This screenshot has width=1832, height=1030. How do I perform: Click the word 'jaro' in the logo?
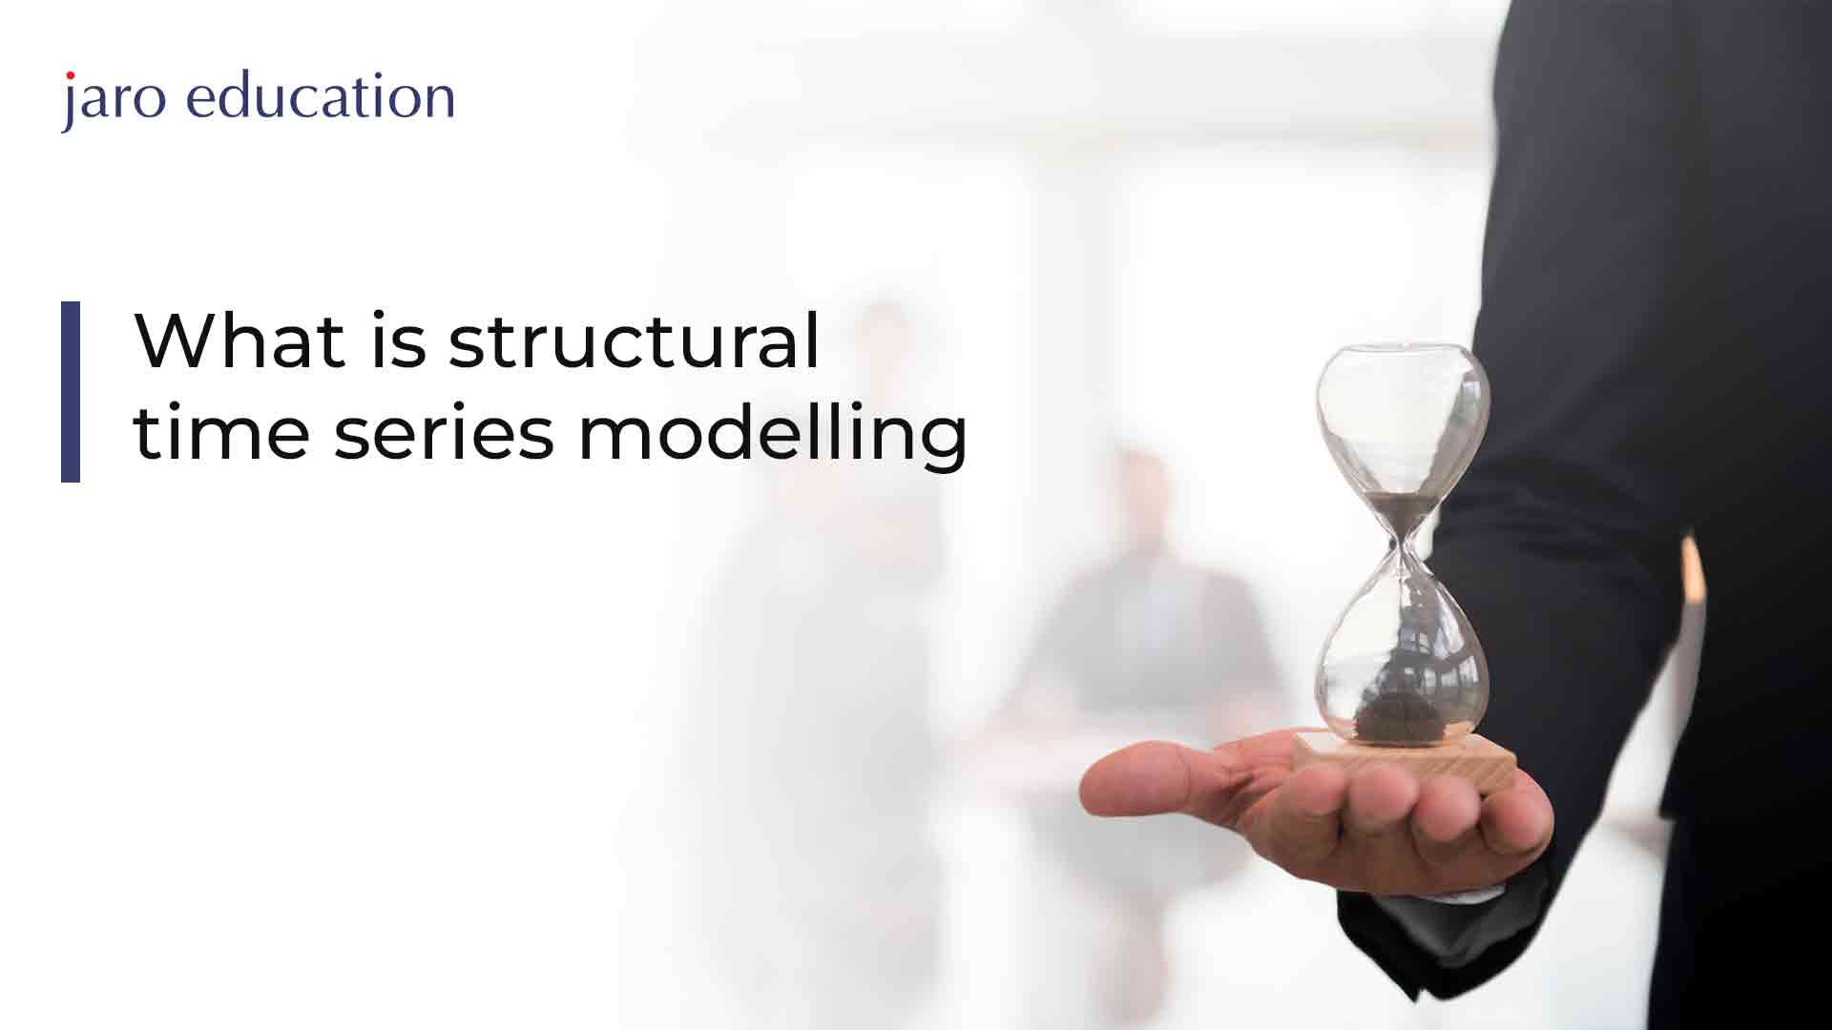pyautogui.click(x=114, y=100)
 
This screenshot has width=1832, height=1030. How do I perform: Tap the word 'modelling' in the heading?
pyautogui.click(x=773, y=435)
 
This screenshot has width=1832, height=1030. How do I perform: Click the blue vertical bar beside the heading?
pyautogui.click(x=71, y=391)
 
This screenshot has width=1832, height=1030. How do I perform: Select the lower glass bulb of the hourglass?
pyautogui.click(x=1403, y=649)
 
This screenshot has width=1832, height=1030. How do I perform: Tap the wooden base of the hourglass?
pyautogui.click(x=1405, y=760)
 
